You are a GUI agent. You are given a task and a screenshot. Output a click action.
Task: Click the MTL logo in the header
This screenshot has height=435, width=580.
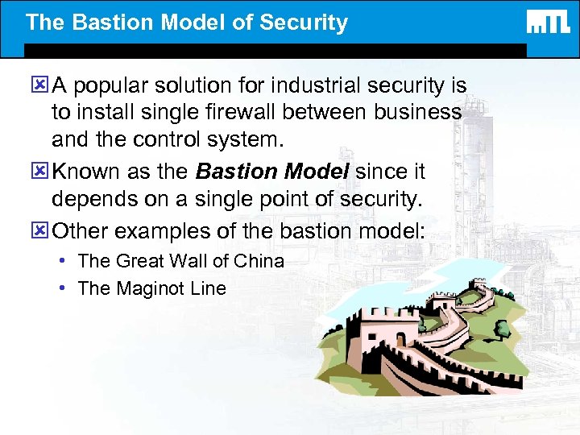548,22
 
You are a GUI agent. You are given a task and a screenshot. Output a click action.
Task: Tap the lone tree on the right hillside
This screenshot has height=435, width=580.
502,329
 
